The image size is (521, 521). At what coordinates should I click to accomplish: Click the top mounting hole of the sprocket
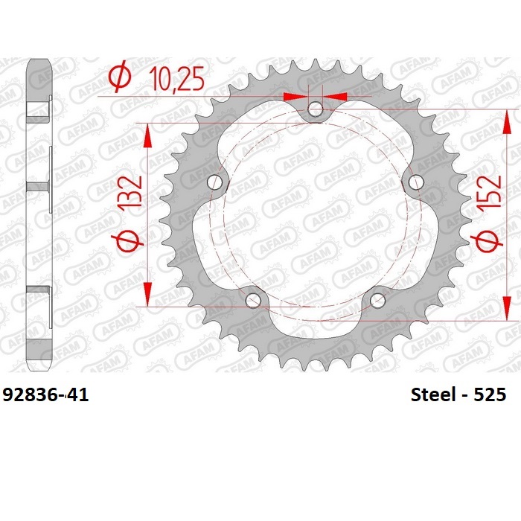(315, 109)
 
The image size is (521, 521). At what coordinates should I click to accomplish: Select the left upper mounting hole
(214, 182)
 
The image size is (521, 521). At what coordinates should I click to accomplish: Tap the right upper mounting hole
(416, 182)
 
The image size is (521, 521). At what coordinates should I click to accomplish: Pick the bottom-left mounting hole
(253, 301)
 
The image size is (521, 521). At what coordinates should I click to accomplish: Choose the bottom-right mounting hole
(377, 301)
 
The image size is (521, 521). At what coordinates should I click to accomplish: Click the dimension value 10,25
(178, 78)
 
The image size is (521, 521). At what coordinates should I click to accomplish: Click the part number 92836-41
(45, 394)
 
